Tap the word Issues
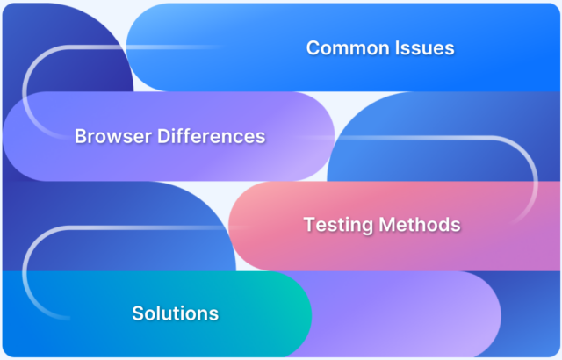coord(426,48)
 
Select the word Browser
coord(110,137)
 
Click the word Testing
coord(338,225)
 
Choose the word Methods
coord(420,225)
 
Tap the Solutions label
coord(175,313)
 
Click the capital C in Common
coord(313,48)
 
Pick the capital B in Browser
coord(80,137)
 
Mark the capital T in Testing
coord(309,225)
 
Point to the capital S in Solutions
coord(137,313)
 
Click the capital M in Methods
coord(387,225)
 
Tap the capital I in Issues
coord(400,48)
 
